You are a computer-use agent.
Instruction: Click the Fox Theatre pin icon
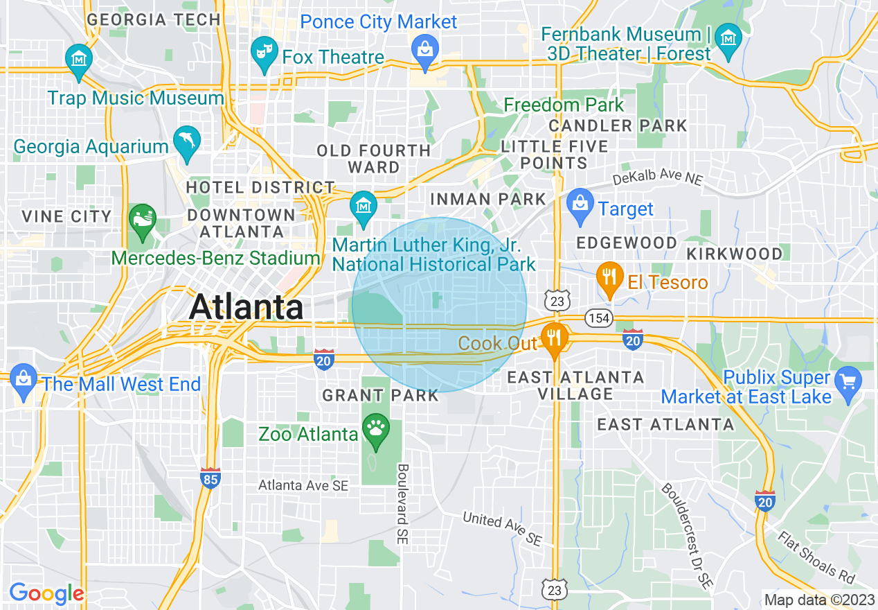pos(264,55)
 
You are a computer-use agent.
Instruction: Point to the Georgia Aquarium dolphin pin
pos(186,141)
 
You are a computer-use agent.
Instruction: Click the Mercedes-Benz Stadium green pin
pos(143,220)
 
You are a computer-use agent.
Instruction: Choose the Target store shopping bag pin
pos(579,204)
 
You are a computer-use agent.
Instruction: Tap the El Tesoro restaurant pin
pos(609,278)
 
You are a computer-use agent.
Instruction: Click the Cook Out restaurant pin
pos(553,339)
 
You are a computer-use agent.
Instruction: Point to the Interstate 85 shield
pos(211,479)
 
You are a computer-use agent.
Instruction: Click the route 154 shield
pos(599,318)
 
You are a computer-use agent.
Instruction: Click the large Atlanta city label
pos(246,306)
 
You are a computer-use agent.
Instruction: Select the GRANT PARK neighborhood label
pos(380,396)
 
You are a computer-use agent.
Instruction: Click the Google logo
pos(46,593)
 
